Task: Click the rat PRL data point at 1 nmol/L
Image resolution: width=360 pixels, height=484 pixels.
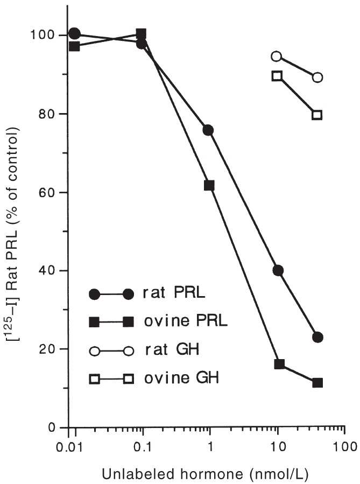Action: tap(208, 130)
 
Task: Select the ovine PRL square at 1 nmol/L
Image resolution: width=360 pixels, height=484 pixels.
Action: tap(209, 186)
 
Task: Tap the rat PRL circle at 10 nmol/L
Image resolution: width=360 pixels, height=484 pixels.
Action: tap(278, 270)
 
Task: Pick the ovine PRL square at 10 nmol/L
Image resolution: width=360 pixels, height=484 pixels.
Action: tap(279, 364)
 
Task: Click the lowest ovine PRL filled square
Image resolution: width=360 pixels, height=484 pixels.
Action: tap(317, 383)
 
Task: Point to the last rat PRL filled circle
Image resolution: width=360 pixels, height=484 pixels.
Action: tap(317, 337)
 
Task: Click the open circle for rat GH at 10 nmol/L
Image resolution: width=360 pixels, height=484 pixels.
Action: tap(277, 56)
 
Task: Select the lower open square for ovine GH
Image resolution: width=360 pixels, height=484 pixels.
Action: tap(317, 115)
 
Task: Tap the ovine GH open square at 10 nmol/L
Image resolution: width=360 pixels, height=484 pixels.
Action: tap(277, 76)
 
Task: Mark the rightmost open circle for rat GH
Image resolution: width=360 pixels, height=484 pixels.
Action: tap(317, 77)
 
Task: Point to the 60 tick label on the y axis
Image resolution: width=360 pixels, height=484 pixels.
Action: tap(49, 192)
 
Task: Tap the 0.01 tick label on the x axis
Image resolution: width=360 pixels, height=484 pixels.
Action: tap(68, 446)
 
